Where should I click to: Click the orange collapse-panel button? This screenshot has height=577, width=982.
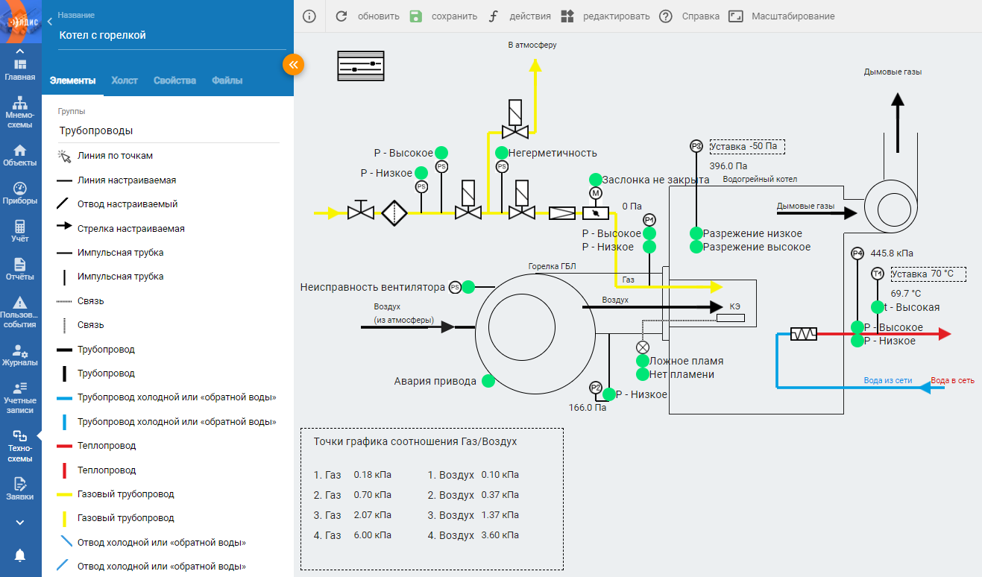293,65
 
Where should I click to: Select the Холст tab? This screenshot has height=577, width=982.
125,81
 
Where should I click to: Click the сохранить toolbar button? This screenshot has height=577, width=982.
443,16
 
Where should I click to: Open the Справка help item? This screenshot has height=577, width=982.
689,16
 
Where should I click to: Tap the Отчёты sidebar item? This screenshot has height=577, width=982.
19,269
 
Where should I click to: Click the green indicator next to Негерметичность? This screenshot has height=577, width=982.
502,153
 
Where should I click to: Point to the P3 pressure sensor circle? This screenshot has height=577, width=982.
696,146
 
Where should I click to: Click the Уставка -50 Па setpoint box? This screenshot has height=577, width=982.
747,146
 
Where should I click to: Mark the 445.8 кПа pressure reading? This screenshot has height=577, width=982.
892,253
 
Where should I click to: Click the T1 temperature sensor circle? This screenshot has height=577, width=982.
877,274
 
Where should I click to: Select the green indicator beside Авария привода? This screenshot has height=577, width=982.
488,381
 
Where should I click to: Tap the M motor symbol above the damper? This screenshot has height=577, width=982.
595,193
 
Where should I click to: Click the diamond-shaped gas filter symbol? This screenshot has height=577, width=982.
394,213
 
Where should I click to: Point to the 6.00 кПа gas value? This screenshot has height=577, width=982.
373,535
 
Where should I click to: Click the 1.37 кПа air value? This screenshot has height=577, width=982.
500,515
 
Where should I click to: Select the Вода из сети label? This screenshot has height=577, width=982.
888,381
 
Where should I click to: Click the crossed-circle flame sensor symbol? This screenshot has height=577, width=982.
643,347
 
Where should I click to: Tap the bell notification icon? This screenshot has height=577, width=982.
19,555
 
